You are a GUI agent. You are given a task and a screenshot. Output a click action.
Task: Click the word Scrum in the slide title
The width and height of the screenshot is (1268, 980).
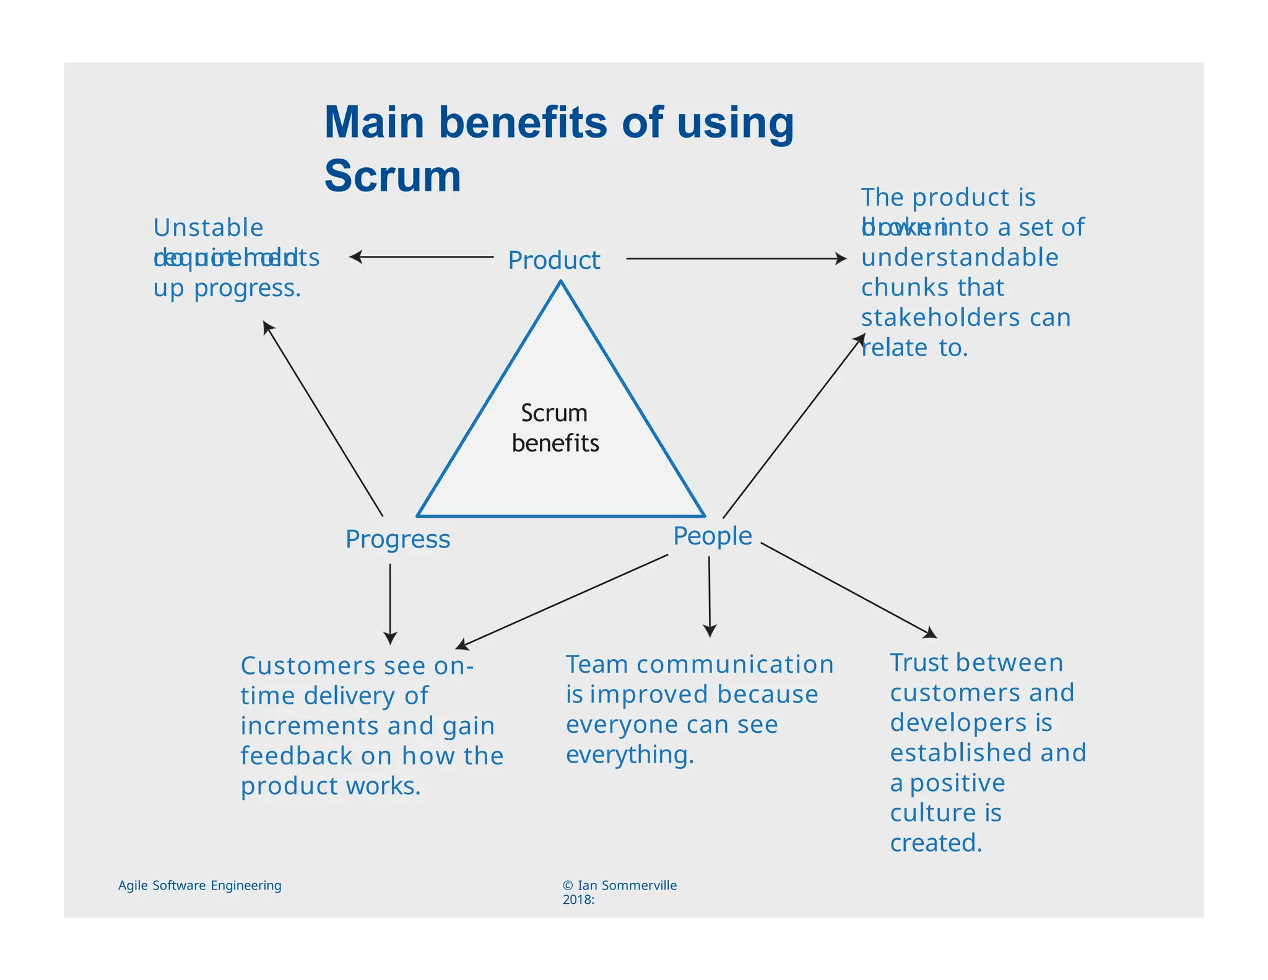393,176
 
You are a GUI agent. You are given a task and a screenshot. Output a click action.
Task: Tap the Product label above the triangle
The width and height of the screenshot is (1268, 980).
554,260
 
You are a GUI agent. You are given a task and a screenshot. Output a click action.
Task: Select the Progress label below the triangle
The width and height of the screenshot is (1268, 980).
397,539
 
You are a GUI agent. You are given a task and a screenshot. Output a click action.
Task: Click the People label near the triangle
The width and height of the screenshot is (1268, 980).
712,536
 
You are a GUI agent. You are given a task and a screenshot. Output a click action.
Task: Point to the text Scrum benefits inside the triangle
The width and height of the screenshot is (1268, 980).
555,428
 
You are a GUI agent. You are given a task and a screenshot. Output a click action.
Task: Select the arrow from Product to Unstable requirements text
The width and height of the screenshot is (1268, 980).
421,256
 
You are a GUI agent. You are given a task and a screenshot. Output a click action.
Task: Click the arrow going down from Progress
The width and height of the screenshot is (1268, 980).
390,603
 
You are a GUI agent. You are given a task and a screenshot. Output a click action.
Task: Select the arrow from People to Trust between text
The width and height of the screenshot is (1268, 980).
848,590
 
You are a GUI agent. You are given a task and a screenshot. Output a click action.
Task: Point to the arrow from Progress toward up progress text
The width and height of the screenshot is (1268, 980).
323,418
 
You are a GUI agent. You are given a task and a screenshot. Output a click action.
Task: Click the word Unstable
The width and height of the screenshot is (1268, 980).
208,228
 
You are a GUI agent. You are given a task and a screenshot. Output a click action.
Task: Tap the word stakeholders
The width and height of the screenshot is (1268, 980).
940,318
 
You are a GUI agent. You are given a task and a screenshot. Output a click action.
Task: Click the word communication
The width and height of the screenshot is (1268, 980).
735,664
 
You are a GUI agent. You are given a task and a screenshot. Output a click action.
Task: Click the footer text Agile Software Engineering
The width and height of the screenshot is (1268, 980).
199,885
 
